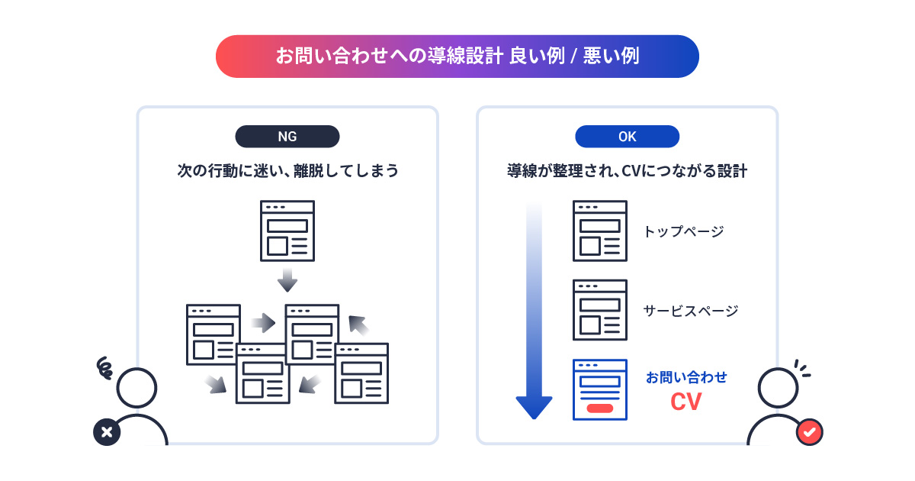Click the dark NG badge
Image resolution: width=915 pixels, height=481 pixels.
(x=287, y=137)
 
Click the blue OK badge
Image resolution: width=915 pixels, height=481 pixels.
(x=627, y=137)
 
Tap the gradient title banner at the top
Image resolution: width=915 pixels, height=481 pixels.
(x=457, y=56)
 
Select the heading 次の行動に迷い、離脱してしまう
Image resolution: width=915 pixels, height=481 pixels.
(x=287, y=170)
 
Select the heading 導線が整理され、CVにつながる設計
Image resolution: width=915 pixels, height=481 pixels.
(x=627, y=170)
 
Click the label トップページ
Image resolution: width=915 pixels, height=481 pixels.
(x=683, y=231)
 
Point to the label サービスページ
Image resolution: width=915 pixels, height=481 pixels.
(x=691, y=311)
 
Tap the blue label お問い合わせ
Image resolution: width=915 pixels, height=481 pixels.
(x=686, y=377)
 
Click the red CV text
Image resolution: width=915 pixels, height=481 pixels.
(x=685, y=402)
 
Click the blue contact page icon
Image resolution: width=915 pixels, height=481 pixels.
(x=599, y=389)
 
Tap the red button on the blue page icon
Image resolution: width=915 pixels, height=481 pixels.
(x=599, y=408)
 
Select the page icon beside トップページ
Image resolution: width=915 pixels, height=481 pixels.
(x=599, y=231)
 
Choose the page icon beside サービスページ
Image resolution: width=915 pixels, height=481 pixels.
(x=599, y=310)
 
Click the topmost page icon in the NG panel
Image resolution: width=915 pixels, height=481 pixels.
(x=287, y=231)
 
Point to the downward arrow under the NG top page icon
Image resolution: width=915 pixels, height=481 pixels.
(x=287, y=280)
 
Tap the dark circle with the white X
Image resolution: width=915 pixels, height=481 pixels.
(x=107, y=432)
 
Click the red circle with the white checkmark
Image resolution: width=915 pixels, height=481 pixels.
(x=808, y=432)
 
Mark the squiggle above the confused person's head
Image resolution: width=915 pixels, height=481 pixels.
(x=104, y=369)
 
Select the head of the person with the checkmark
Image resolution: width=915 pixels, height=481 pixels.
(x=778, y=387)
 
